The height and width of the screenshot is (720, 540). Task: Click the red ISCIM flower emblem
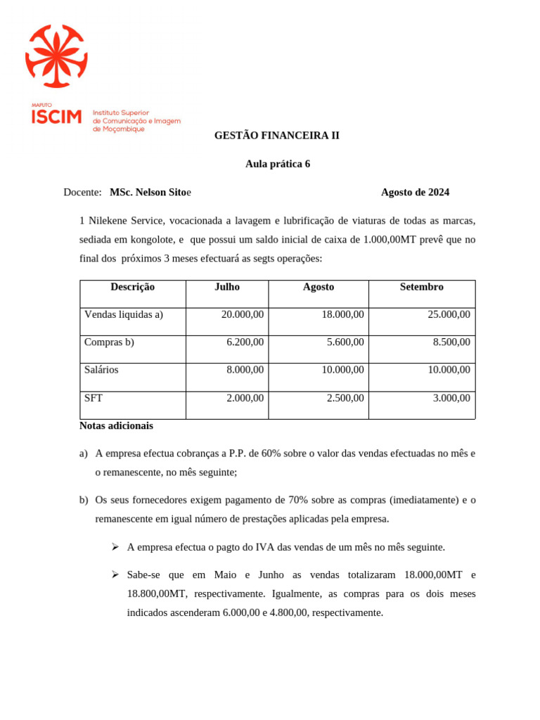pyautogui.click(x=56, y=56)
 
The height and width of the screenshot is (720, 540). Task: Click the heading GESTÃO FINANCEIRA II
pyautogui.click(x=276, y=135)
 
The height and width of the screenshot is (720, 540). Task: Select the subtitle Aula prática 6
pyautogui.click(x=278, y=164)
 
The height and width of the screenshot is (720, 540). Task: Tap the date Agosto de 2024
pyautogui.click(x=415, y=192)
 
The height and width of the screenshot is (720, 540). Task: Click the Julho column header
pyautogui.click(x=226, y=287)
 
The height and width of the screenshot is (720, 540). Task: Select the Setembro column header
pyautogui.click(x=421, y=287)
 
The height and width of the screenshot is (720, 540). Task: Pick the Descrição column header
pyautogui.click(x=132, y=287)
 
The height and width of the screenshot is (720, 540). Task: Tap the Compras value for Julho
pyautogui.click(x=245, y=342)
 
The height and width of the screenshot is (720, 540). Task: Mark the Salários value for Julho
pyautogui.click(x=245, y=370)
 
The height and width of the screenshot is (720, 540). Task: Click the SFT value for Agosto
pyautogui.click(x=345, y=398)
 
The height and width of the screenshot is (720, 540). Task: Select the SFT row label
pyautogui.click(x=94, y=398)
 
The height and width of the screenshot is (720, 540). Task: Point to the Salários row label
pyautogui.click(x=101, y=370)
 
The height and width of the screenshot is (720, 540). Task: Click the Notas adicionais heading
pyautogui.click(x=116, y=425)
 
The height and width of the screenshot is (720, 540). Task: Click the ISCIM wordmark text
pyautogui.click(x=56, y=117)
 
